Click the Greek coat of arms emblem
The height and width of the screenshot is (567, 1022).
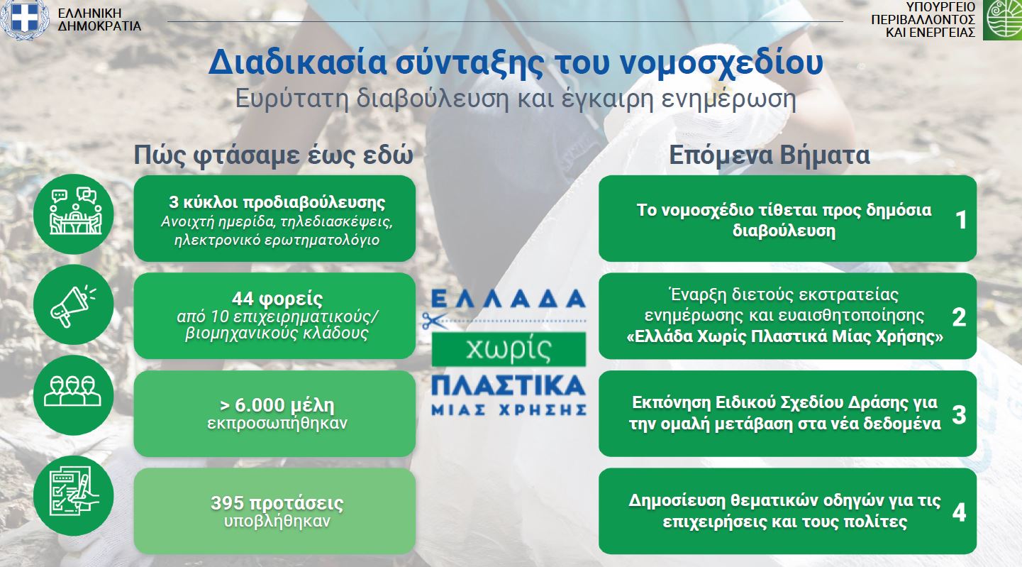tap(24, 19)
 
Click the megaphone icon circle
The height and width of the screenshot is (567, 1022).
tap(74, 304)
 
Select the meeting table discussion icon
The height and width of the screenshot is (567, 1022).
tap(74, 214)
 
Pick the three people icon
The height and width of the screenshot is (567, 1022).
tap(74, 395)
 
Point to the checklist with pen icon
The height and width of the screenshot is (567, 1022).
tap(74, 495)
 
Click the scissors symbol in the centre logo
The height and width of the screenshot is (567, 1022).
tap(434, 321)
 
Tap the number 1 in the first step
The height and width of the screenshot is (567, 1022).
tap(961, 219)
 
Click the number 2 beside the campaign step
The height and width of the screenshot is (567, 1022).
tap(959, 317)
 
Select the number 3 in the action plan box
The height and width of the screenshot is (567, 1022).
tap(959, 415)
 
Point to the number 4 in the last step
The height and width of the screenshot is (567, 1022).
tap(959, 512)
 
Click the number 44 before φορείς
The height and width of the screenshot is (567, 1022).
tap(243, 299)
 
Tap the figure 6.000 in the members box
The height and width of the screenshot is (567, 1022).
tap(260, 404)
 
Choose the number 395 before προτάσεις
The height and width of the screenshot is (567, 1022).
tap(227, 503)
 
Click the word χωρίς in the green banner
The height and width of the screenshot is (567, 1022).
tap(509, 349)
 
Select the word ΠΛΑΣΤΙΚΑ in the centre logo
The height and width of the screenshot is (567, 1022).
tap(509, 386)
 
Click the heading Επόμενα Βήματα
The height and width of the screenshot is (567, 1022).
tap(770, 155)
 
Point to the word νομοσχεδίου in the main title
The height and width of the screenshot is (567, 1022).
tap(722, 62)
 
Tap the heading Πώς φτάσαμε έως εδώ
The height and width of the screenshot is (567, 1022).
tap(274, 155)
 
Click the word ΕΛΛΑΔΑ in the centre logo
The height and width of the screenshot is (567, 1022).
tap(509, 299)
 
